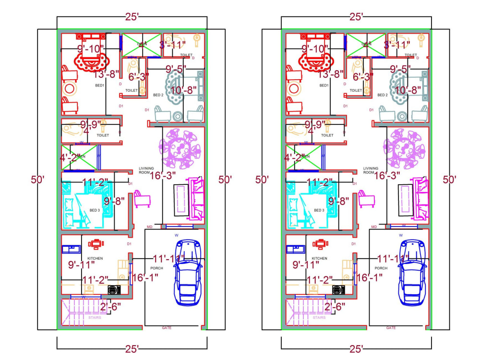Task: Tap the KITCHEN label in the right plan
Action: [x=319, y=258]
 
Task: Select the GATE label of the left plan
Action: [x=167, y=328]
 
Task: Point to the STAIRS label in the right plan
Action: [x=319, y=317]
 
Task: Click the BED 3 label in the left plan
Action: [x=95, y=210]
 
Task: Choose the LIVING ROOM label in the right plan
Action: [x=371, y=170]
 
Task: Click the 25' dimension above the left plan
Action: [x=132, y=17]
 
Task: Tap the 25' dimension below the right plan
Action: [x=356, y=348]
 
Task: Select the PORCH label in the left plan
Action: [x=157, y=268]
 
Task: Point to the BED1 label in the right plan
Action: [x=324, y=85]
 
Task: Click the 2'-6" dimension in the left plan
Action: [x=110, y=306]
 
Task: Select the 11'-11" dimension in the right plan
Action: [x=393, y=258]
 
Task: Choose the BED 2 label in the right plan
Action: [x=383, y=95]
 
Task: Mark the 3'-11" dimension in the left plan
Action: [x=173, y=45]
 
